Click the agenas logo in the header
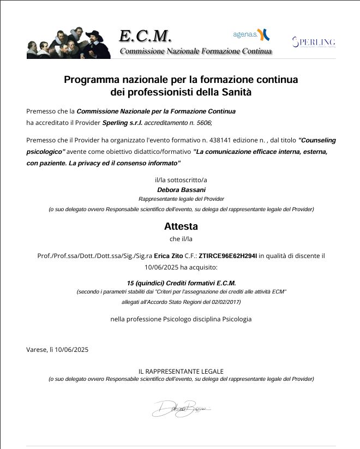251,35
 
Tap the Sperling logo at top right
314,42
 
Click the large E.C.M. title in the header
145,35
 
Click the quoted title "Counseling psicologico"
181,146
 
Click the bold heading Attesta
181,226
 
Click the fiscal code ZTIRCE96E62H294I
228,255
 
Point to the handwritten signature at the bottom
180,408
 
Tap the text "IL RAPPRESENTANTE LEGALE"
181,371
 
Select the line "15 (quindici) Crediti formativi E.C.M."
181,284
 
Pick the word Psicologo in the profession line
177,319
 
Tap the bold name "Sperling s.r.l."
122,122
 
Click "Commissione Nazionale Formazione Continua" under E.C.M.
195,51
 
